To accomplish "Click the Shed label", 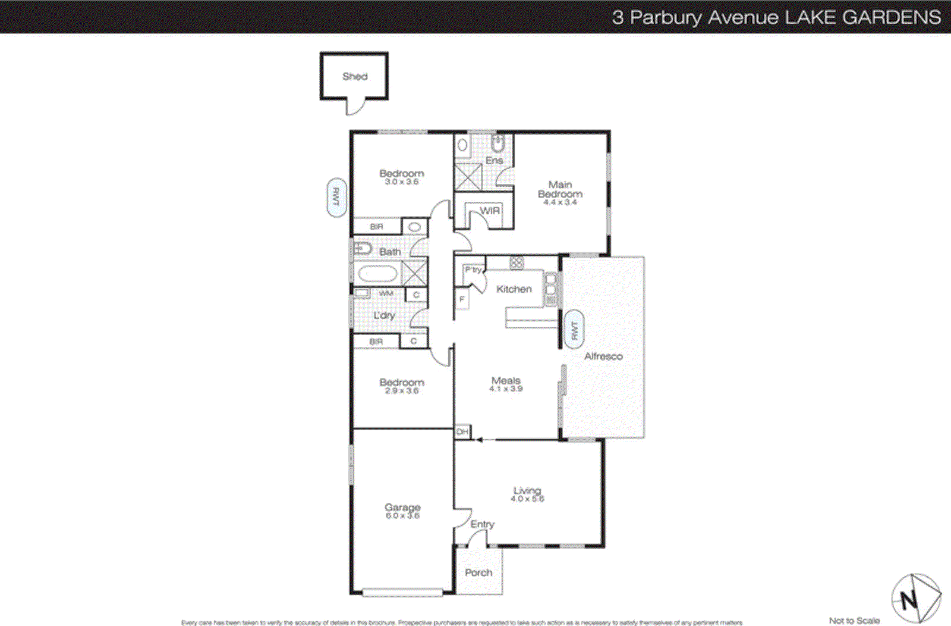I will (355, 76).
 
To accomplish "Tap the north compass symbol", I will (915, 597).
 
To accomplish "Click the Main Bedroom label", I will (560, 189).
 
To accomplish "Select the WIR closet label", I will (490, 211).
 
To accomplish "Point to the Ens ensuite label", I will (494, 161).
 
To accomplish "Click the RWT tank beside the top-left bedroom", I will (336, 198).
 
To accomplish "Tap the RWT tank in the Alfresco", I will (574, 329).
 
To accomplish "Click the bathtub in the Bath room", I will (377, 274).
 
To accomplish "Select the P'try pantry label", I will (473, 270).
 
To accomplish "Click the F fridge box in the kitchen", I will (462, 299).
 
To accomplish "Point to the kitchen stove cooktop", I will (517, 262).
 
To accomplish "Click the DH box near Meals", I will (462, 432).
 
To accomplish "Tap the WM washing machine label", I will (386, 293).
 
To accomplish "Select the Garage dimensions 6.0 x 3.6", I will (402, 516).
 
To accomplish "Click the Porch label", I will (478, 572).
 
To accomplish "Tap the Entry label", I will (482, 524).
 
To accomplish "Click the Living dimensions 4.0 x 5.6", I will (527, 499).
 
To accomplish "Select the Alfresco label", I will (603, 356).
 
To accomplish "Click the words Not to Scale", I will (854, 621).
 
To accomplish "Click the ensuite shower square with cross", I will (468, 177).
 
